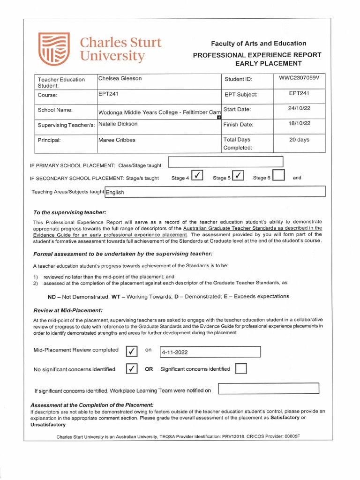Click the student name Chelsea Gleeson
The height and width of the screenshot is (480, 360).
point(120,79)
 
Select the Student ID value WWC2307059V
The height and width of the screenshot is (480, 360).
point(299,78)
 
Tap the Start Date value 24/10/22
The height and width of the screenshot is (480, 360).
point(299,109)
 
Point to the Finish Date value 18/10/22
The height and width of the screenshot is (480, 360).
point(299,124)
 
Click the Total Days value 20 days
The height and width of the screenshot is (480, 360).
point(299,140)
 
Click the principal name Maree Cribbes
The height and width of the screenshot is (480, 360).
point(117,140)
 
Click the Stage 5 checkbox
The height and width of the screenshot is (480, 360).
point(238,176)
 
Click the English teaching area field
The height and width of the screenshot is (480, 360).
point(215,192)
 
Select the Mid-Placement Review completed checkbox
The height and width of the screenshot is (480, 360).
point(132,351)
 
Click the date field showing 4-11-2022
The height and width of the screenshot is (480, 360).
point(210,352)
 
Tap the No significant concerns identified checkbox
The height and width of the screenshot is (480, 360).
point(132,369)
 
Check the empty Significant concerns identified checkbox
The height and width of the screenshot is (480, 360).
point(241,369)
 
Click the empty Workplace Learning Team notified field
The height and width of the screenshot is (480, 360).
point(269,389)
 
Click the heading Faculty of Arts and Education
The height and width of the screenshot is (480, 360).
point(258,44)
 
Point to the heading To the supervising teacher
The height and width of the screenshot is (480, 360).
point(70,212)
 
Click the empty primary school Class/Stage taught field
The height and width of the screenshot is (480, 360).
point(225,162)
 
